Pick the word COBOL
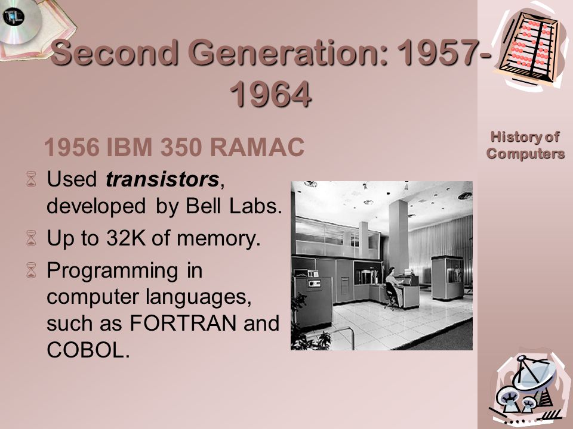point(87,351)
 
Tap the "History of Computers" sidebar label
point(525,145)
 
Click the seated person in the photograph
point(391,287)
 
